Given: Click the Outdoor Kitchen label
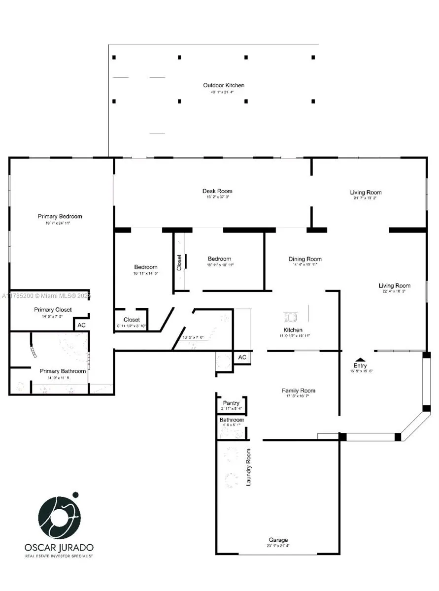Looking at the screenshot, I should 223,85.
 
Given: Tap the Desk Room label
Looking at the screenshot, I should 217,191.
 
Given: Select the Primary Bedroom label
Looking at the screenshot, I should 60,216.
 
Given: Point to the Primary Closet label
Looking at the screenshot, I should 53,309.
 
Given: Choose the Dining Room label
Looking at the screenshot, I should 305,259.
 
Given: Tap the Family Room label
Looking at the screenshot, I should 299,391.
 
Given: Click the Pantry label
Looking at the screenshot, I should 231,403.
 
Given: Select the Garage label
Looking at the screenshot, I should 278,540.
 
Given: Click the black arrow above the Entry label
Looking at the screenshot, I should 360,360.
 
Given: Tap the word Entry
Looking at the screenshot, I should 360,365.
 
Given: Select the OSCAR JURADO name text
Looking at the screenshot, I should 59,547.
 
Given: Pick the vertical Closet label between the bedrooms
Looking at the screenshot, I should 179,262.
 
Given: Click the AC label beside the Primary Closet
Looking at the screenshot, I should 81,325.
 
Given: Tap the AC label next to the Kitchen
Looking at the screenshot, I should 242,357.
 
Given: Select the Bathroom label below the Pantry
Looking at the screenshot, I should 232,420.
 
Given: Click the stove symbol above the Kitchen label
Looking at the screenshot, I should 291,316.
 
